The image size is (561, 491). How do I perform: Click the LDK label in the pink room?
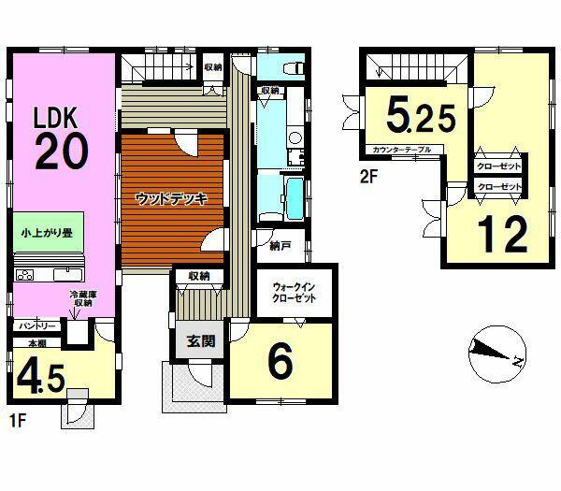point(55,118)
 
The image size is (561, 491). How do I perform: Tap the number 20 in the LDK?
point(62,152)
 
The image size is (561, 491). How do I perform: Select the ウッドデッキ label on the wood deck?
point(172,199)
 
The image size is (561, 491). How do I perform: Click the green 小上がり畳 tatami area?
point(49,232)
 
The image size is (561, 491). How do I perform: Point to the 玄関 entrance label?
point(201,341)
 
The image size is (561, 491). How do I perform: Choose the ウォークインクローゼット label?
point(295,293)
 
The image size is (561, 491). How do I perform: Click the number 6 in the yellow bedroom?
point(280,363)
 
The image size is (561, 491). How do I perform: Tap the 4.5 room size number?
point(41,379)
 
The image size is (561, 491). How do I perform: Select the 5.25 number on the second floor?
point(421,118)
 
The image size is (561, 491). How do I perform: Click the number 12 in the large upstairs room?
point(503,234)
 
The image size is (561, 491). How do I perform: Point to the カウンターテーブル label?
point(402,150)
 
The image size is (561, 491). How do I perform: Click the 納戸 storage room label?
point(280,246)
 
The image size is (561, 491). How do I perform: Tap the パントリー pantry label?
point(37,326)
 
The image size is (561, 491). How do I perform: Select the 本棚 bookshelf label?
point(37,343)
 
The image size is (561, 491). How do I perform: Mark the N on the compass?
point(518,362)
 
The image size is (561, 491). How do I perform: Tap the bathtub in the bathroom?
point(295,198)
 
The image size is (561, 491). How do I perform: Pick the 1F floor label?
point(18,421)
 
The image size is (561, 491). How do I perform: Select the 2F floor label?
point(369,177)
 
